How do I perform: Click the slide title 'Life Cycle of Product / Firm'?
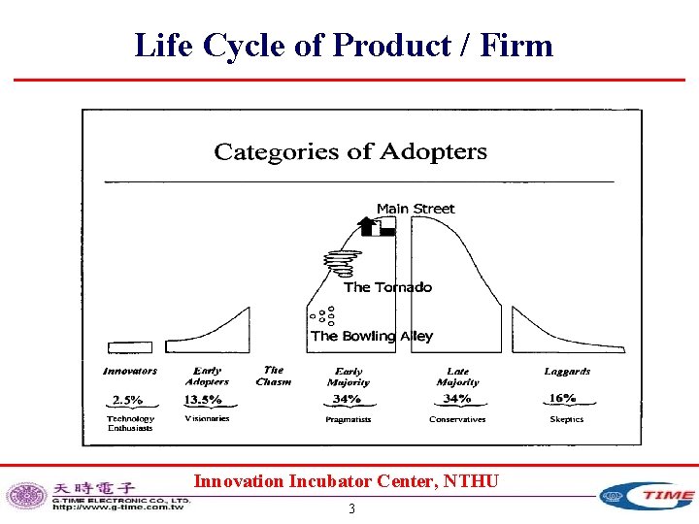click(344, 45)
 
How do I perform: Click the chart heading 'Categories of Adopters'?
click(350, 151)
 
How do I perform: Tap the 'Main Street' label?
click(415, 209)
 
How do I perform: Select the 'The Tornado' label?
click(387, 287)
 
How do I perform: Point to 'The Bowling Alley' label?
click(372, 336)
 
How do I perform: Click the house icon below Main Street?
click(376, 227)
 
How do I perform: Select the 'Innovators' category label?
click(130, 371)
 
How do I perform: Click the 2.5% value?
click(127, 399)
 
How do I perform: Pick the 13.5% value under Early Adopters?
click(203, 399)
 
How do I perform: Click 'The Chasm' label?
click(274, 376)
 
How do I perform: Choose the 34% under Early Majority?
click(347, 399)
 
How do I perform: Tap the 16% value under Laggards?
click(562, 398)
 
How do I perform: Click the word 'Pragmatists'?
click(349, 419)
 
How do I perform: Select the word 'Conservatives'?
click(457, 419)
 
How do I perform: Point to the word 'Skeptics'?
click(566, 419)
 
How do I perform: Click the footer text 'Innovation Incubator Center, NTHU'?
click(347, 480)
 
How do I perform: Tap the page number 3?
click(351, 508)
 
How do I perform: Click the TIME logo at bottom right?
click(647, 496)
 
